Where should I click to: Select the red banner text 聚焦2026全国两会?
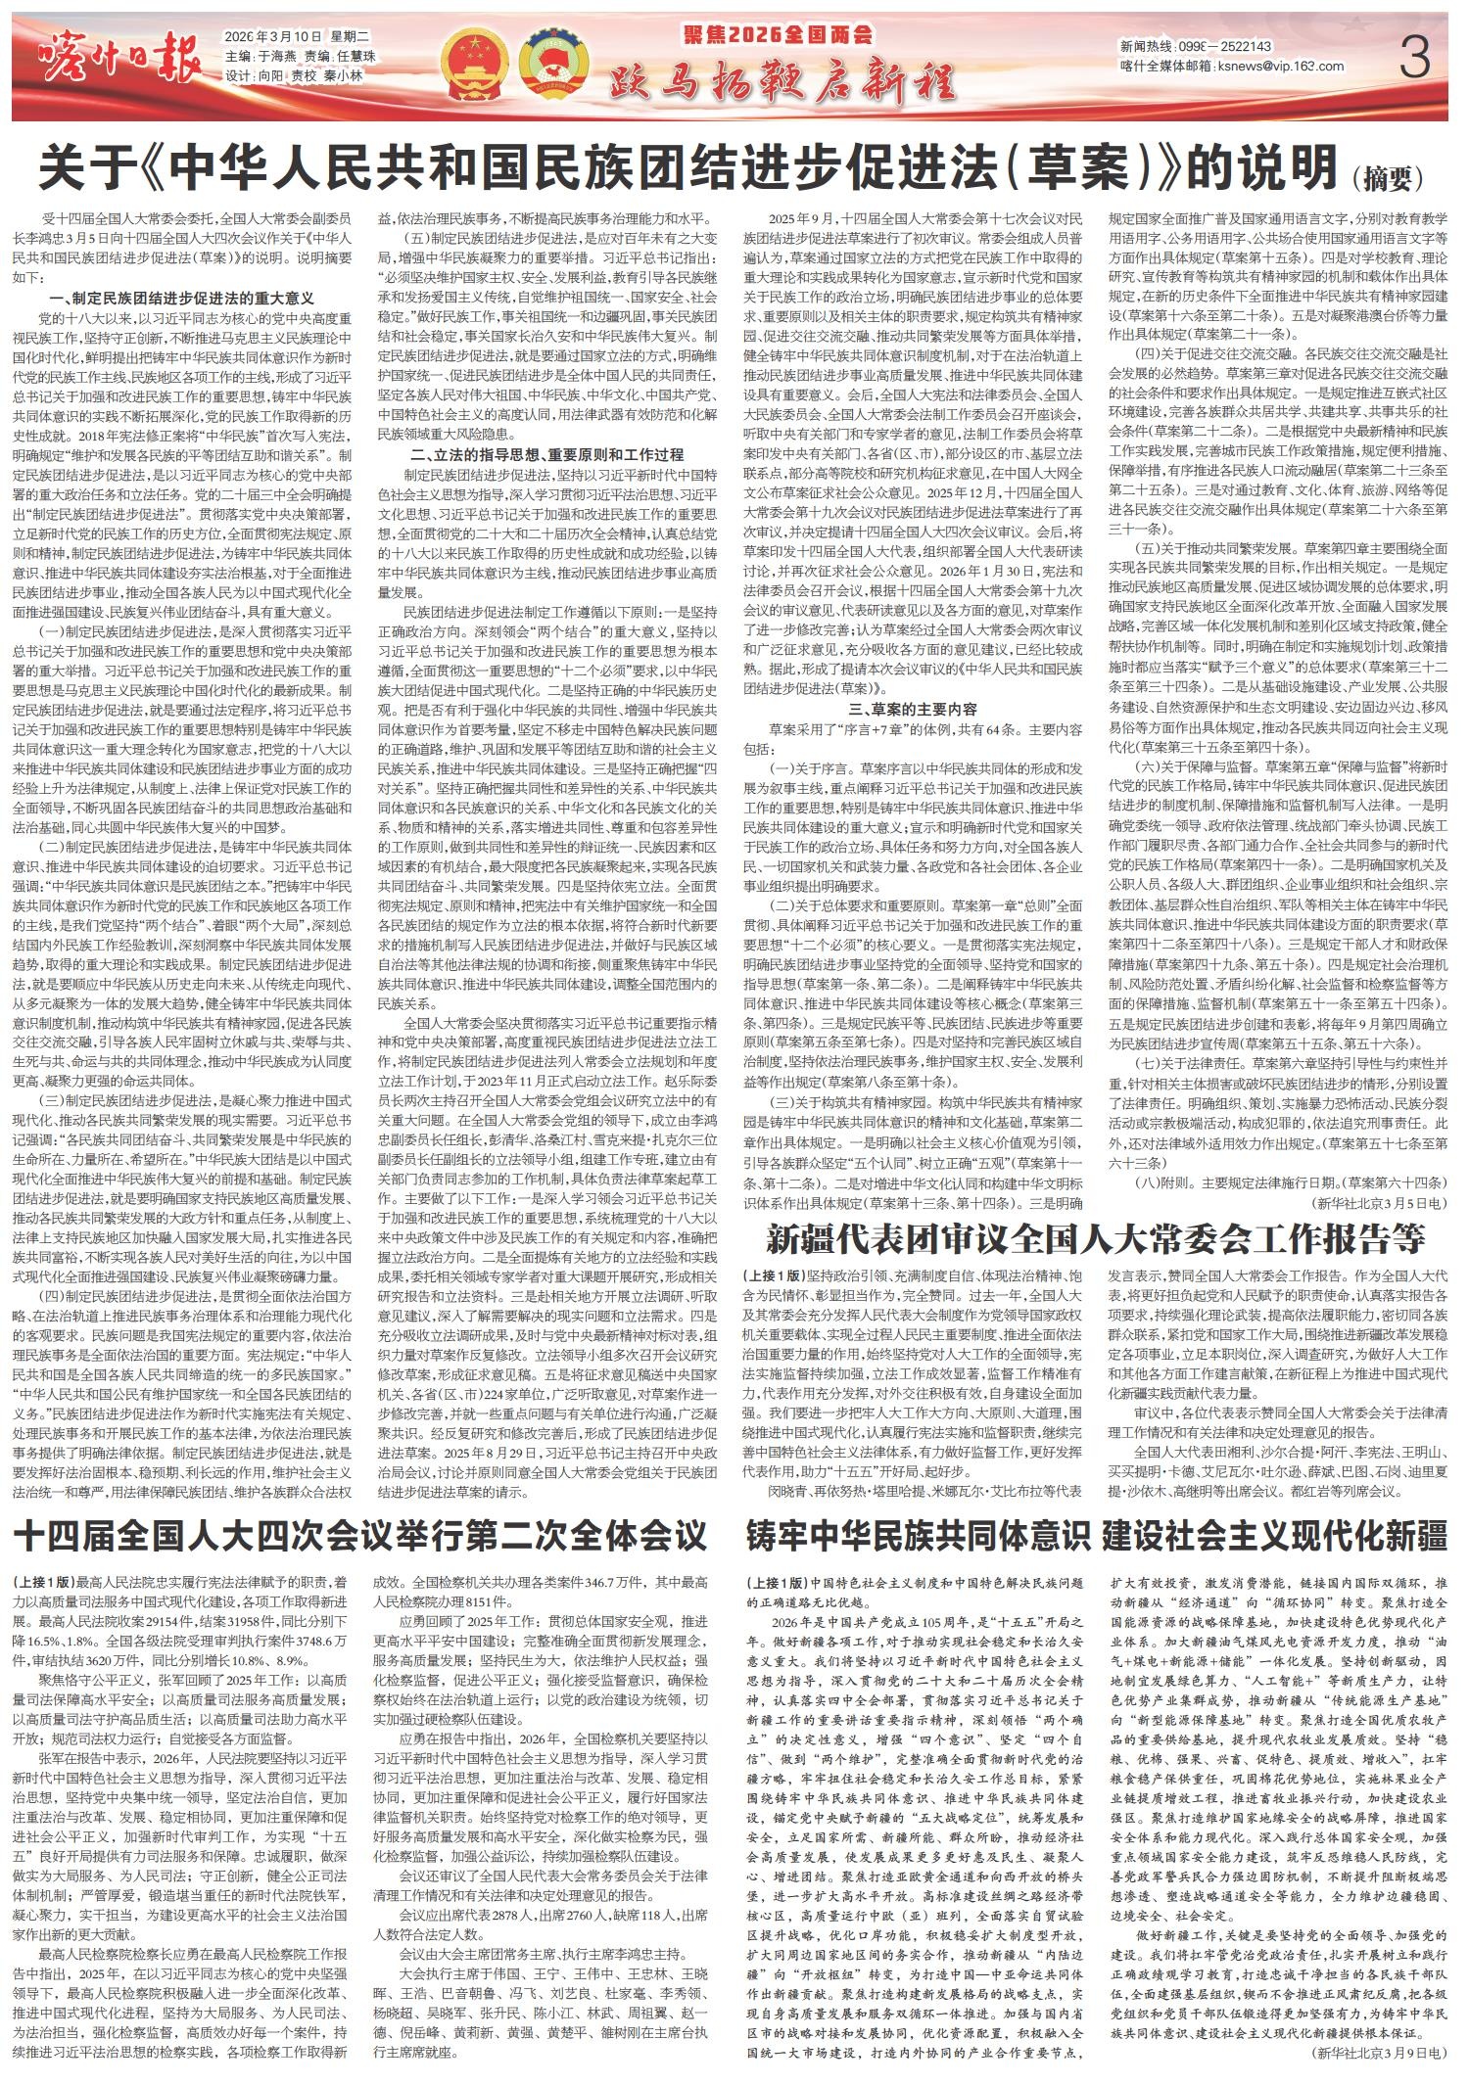click(x=779, y=36)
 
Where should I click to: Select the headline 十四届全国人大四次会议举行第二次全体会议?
click(x=360, y=1535)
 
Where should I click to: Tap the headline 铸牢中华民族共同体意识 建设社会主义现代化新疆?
click(x=1095, y=1535)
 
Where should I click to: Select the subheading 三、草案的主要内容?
click(x=912, y=708)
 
